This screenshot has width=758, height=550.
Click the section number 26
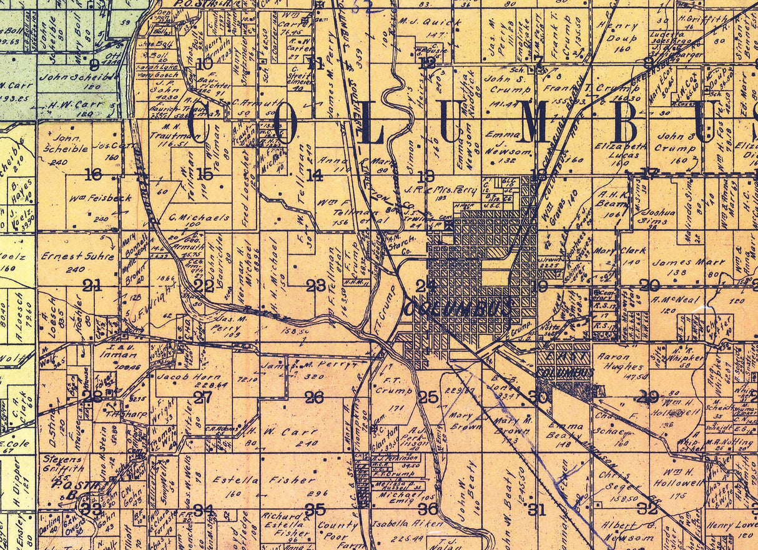click(x=315, y=398)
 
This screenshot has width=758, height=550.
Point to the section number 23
click(x=316, y=286)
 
